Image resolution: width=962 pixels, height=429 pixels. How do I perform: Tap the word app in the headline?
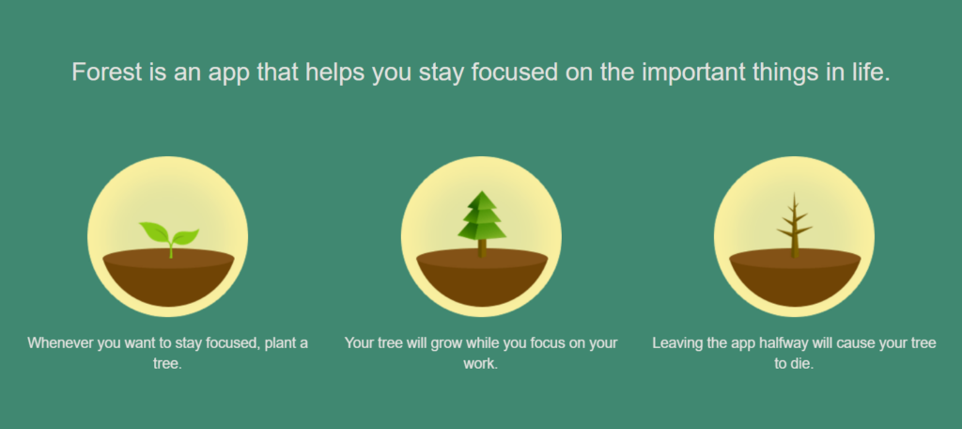click(x=228, y=74)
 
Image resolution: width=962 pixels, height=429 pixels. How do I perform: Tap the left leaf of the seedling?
click(x=154, y=232)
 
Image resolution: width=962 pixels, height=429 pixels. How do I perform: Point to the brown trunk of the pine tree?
click(x=482, y=248)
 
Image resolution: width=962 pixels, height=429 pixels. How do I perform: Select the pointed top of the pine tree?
click(x=482, y=191)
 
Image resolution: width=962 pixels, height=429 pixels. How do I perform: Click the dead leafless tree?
click(x=795, y=226)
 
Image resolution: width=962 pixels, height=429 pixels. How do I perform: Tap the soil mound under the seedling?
click(x=169, y=278)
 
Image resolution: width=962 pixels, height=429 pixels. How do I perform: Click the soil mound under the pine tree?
click(x=482, y=278)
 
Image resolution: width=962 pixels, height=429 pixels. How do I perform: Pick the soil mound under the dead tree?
click(x=795, y=278)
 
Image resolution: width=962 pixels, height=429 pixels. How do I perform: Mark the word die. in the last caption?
click(x=802, y=363)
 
